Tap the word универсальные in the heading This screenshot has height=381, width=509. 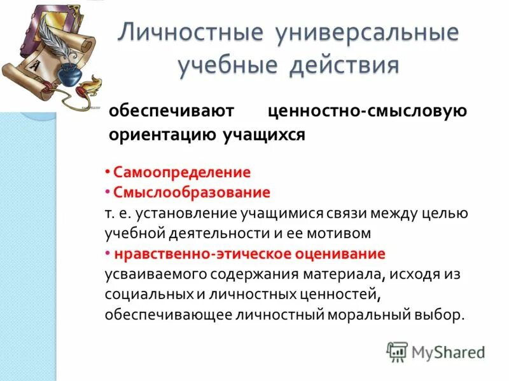[366, 34]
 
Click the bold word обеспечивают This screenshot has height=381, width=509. [172, 111]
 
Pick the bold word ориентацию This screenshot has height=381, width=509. [162, 135]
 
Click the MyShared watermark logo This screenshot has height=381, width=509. [435, 351]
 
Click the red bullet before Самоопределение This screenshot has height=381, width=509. [109, 172]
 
